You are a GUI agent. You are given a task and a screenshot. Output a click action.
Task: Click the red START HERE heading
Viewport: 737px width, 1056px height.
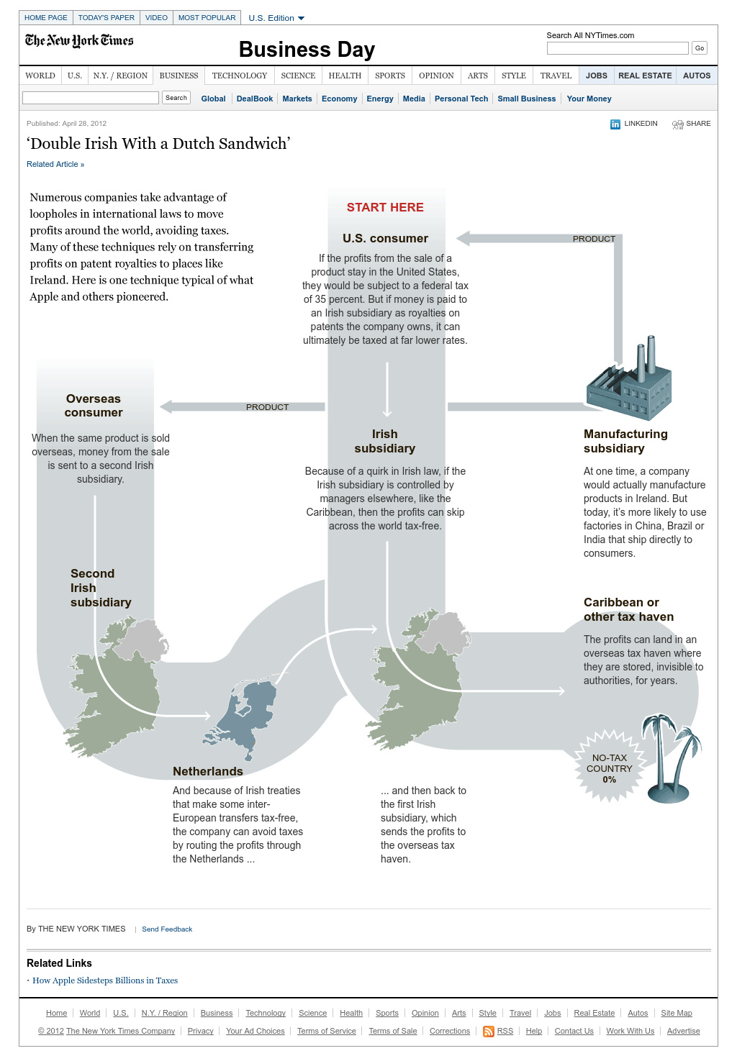coord(385,207)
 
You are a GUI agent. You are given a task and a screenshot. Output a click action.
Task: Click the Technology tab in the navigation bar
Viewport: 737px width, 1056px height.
coord(240,76)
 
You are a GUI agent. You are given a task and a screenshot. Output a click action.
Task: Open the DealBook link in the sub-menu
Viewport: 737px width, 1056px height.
coord(255,99)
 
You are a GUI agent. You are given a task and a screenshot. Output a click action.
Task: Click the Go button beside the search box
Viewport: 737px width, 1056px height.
coord(699,48)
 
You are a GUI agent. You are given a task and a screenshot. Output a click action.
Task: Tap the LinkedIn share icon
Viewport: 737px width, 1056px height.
coord(615,124)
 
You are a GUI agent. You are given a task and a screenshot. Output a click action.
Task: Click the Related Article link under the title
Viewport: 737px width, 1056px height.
coord(55,164)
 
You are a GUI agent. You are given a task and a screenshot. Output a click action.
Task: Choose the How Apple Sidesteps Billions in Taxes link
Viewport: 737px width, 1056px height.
coord(105,980)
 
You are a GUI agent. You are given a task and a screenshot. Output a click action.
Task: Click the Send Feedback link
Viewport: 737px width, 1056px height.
coord(167,929)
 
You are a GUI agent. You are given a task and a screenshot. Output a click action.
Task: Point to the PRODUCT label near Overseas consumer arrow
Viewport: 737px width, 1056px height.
coord(267,407)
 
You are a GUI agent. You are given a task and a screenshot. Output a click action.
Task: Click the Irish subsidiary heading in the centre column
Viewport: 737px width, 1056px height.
coord(385,441)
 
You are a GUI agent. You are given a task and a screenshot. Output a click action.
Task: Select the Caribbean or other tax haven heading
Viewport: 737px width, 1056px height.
coord(628,609)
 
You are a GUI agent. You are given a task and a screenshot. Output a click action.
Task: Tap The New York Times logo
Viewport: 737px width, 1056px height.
coord(79,41)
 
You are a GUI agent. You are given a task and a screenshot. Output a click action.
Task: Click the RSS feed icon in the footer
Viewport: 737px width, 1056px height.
coord(489,1032)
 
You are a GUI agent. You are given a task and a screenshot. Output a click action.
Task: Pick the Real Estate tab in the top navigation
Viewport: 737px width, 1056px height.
coord(645,76)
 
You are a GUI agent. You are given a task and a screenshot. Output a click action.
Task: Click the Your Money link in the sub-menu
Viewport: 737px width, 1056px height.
coord(589,99)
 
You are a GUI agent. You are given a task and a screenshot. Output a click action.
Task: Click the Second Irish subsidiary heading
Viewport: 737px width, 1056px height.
coord(101,588)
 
